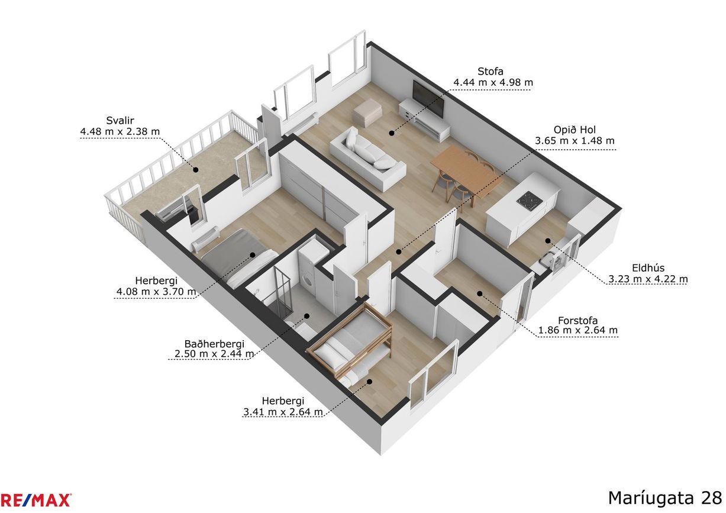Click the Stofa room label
point(490,71)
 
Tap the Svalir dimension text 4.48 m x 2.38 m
point(120,131)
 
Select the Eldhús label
point(648,268)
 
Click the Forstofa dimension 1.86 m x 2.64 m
point(578,331)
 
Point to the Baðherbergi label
point(214,344)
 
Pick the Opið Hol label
point(575,130)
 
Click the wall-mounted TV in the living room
point(428,98)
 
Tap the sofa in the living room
point(367,159)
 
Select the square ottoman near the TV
point(367,112)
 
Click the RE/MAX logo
point(36,500)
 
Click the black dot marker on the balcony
point(196,169)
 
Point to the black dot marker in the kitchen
point(548,241)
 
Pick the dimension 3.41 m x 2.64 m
point(283,412)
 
